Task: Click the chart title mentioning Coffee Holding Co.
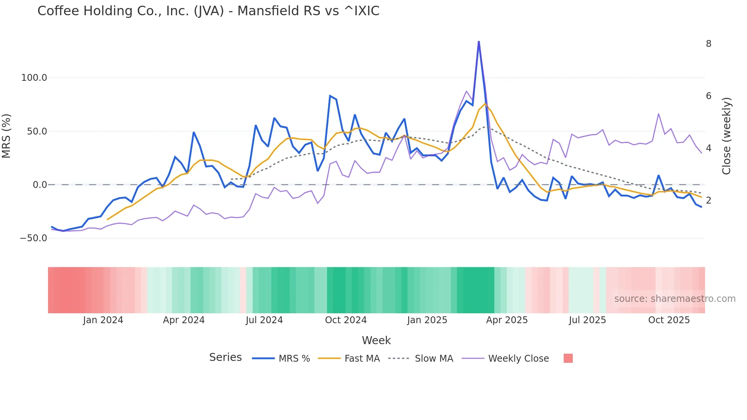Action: click(x=208, y=11)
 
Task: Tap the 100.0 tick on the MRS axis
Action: click(x=34, y=78)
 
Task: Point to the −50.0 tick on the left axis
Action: click(x=33, y=238)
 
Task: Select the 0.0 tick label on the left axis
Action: click(x=40, y=185)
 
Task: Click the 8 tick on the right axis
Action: click(x=709, y=44)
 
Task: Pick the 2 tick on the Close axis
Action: click(x=709, y=200)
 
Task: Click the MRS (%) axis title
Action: click(x=6, y=136)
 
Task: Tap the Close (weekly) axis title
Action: click(x=726, y=136)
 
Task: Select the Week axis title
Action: click(x=376, y=340)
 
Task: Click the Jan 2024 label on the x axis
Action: click(x=103, y=320)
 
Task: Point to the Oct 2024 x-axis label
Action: click(x=346, y=320)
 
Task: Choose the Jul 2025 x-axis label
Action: click(x=587, y=320)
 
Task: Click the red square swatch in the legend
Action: click(x=568, y=358)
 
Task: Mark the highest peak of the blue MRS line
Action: click(x=479, y=42)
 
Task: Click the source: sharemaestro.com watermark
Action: click(x=675, y=299)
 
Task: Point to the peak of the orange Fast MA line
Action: click(x=485, y=104)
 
